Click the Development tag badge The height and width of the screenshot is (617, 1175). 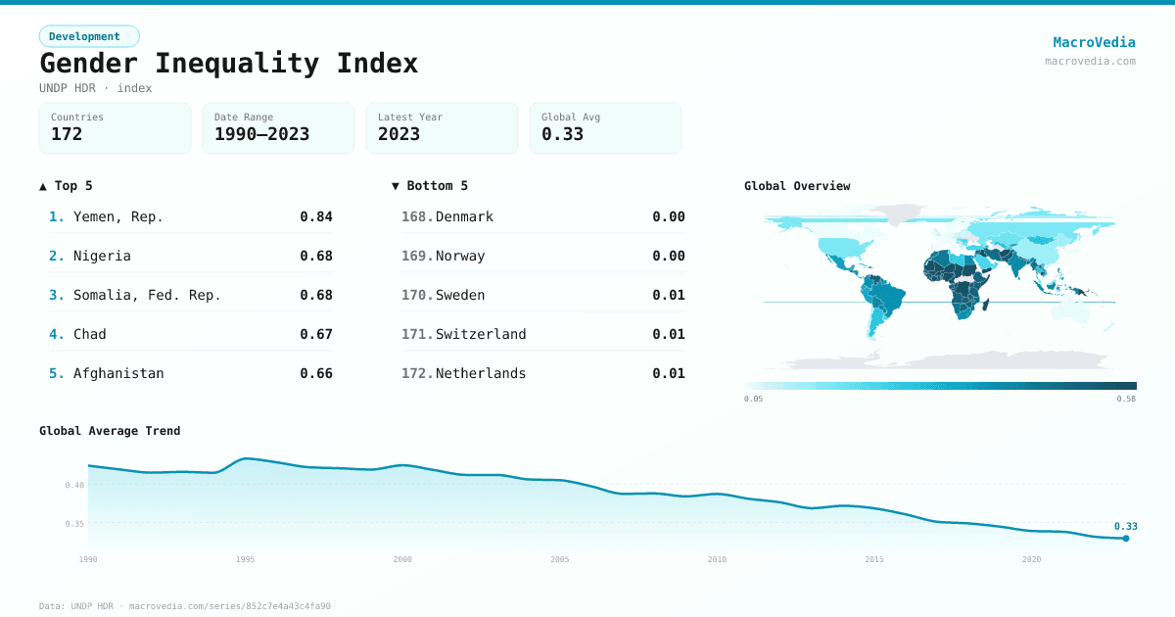click(x=89, y=36)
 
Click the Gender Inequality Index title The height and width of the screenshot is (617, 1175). click(x=228, y=64)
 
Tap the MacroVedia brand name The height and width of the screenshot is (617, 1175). click(x=1094, y=42)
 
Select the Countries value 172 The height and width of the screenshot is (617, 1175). click(x=67, y=134)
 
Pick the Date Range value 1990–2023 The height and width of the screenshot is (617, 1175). click(x=261, y=134)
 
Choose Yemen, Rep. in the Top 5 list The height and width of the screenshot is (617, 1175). click(x=117, y=216)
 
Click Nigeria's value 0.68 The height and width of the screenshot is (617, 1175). click(x=316, y=256)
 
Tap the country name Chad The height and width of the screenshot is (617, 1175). click(x=89, y=334)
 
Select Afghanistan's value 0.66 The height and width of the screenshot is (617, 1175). click(x=316, y=373)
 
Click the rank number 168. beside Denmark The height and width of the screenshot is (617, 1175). click(x=416, y=216)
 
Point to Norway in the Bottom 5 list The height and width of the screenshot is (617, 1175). click(x=460, y=256)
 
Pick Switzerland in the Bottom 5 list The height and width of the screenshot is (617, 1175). click(x=481, y=334)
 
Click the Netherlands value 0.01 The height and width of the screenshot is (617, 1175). click(x=669, y=373)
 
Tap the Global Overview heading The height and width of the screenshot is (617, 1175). click(x=797, y=186)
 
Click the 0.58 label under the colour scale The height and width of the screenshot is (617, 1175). click(x=1126, y=399)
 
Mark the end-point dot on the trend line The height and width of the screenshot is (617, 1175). click(x=1126, y=538)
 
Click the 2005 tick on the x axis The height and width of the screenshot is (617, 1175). click(x=560, y=559)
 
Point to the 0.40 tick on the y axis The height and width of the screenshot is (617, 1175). click(x=74, y=485)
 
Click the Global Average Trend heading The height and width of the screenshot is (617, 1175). click(x=110, y=431)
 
